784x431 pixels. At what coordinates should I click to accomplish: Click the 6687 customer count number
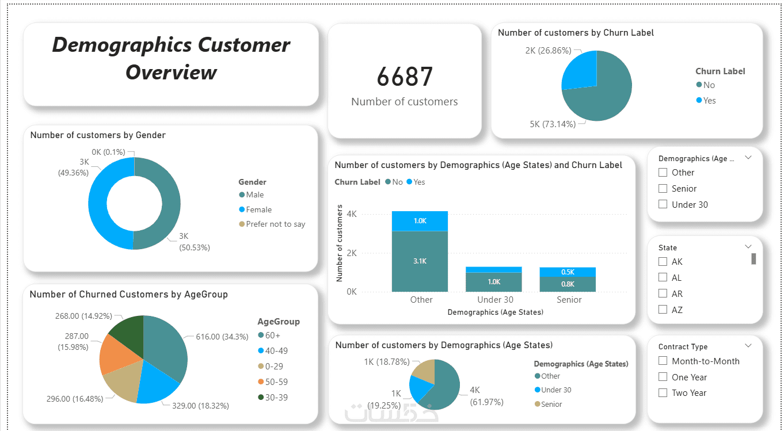point(405,77)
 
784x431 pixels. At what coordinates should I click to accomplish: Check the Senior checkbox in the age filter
point(663,189)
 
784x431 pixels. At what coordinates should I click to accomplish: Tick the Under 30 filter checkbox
point(663,204)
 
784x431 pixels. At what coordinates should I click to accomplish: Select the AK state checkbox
point(663,262)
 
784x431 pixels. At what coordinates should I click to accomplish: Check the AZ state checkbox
point(663,310)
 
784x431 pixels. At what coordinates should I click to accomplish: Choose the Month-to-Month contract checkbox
point(663,361)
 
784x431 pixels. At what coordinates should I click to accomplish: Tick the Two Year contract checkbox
point(663,393)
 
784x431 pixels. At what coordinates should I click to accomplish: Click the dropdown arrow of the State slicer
point(748,247)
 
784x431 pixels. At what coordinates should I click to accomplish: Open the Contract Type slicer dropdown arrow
point(748,346)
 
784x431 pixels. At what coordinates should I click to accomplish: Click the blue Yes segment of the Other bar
point(420,221)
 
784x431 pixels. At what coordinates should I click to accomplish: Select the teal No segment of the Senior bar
point(568,284)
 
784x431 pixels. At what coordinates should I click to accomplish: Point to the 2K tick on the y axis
point(351,253)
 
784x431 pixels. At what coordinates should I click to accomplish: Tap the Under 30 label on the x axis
point(495,300)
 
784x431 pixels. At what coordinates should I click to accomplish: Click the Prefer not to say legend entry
point(272,224)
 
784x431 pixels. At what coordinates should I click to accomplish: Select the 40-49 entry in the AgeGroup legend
point(273,351)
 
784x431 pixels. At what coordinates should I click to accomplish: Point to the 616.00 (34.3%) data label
point(222,337)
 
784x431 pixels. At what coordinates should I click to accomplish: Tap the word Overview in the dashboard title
point(171,73)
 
